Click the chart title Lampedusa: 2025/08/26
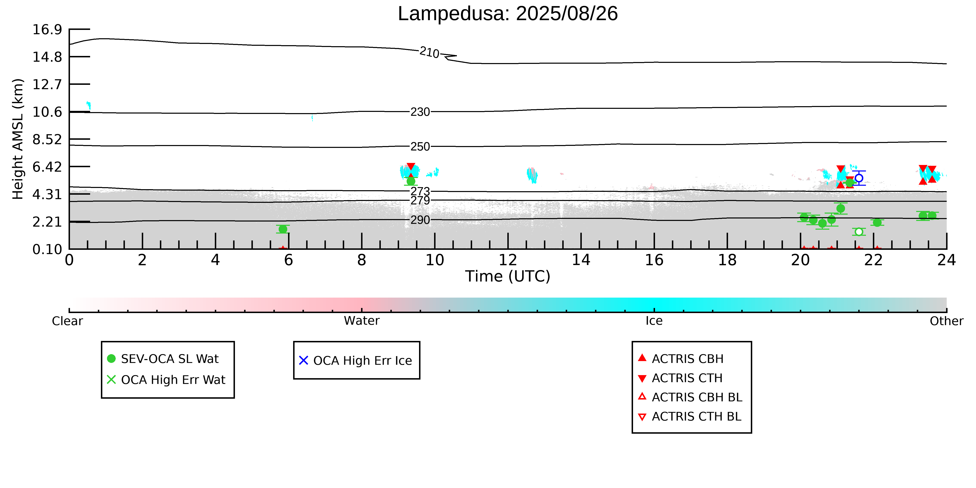click(508, 14)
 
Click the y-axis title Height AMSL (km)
click(18, 139)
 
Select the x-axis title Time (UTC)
click(508, 276)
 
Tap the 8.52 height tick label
click(47, 139)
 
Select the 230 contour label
click(420, 112)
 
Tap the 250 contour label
click(420, 147)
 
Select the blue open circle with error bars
click(859, 178)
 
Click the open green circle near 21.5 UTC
click(859, 231)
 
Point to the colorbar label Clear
click(68, 321)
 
